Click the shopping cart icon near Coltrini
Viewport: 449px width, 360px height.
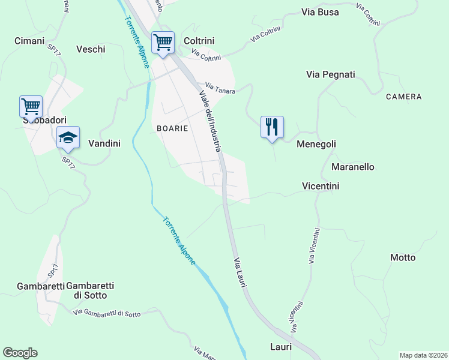pyautogui.click(x=163, y=43)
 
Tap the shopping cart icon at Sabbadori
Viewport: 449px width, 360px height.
pyautogui.click(x=31, y=107)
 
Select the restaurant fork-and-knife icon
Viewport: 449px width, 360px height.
pyautogui.click(x=272, y=127)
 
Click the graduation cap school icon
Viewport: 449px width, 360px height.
pyautogui.click(x=68, y=137)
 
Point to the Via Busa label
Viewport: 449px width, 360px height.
pyautogui.click(x=320, y=12)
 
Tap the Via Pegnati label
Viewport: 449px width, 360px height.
pyautogui.click(x=330, y=74)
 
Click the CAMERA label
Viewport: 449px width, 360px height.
pyautogui.click(x=403, y=97)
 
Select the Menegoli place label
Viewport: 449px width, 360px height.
pyautogui.click(x=316, y=144)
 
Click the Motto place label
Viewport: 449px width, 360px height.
pyautogui.click(x=402, y=257)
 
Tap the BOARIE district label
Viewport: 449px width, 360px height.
pyautogui.click(x=172, y=128)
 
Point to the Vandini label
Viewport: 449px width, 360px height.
pyautogui.click(x=104, y=143)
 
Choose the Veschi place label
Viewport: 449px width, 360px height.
pyautogui.click(x=91, y=49)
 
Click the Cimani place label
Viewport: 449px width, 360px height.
pyautogui.click(x=29, y=41)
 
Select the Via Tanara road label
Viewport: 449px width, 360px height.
pyautogui.click(x=220, y=88)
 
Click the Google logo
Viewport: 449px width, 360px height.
pyautogui.click(x=20, y=353)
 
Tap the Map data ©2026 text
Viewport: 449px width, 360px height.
pyautogui.click(x=423, y=355)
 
